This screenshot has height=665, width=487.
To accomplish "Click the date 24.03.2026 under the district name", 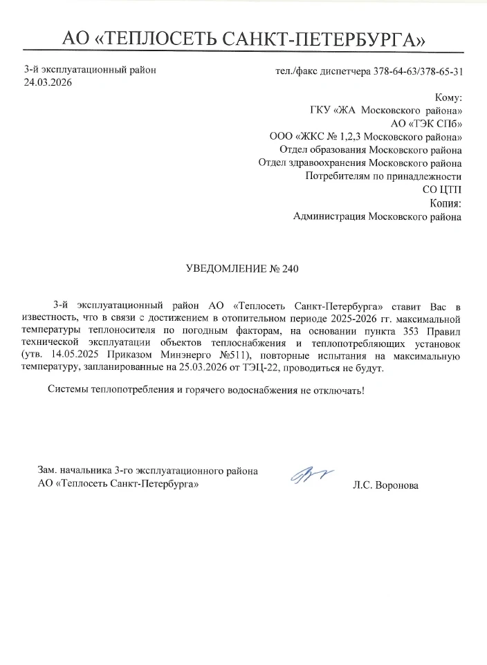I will (48, 82).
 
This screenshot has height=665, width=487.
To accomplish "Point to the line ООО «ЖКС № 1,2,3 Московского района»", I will (366, 137).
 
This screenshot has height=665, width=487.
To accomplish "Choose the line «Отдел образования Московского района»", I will (371, 150).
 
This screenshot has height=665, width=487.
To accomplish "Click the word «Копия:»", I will (445, 203).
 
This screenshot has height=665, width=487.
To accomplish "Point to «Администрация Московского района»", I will (378, 216).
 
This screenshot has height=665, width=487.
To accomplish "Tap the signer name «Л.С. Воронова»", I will (385, 485).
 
